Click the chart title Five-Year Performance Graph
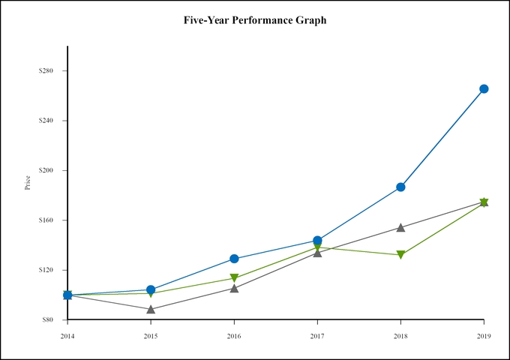[x=255, y=20]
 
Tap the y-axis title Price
[x=28, y=182]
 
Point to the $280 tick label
[x=47, y=71]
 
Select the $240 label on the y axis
[x=47, y=121]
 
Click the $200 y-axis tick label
[x=47, y=171]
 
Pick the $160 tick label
[x=47, y=220]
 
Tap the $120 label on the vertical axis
[x=47, y=270]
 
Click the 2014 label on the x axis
[x=67, y=335]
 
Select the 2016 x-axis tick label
[x=234, y=335]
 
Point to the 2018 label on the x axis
[x=400, y=335]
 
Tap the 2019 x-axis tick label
[x=484, y=335]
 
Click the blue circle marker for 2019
[x=484, y=88]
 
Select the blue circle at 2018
[x=400, y=187]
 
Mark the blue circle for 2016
[x=234, y=259]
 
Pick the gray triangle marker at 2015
[x=151, y=309]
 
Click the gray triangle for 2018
[x=400, y=227]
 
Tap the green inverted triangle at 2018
[x=400, y=255]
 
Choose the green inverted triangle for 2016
[x=234, y=278]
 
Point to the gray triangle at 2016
[x=234, y=288]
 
